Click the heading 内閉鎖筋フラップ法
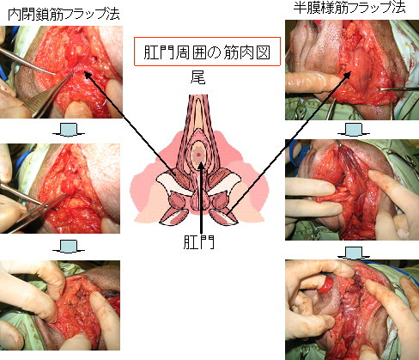point(64,15)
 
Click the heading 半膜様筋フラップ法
point(349,8)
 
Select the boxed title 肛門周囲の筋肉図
point(207,52)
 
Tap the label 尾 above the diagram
point(197,76)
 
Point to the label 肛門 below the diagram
point(198,242)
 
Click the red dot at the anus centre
point(199,155)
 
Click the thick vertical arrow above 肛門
point(202,198)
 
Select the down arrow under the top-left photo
point(69,130)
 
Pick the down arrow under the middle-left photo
point(69,247)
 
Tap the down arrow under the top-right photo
point(354,130)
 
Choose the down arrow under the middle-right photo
point(354,253)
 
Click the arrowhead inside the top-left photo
point(87,75)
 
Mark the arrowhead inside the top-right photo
point(347,75)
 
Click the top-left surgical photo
point(61,72)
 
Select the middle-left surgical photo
point(60,188)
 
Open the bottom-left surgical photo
point(60,305)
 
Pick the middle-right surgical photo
point(352,190)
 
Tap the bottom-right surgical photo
point(352,310)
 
